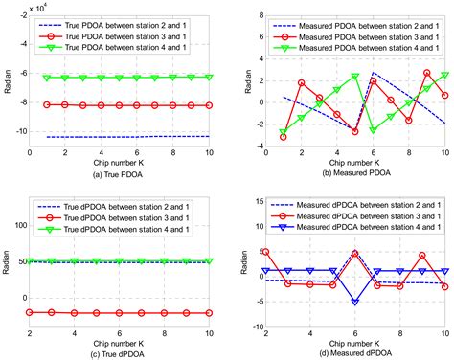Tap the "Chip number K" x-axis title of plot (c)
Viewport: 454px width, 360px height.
pos(122,339)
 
